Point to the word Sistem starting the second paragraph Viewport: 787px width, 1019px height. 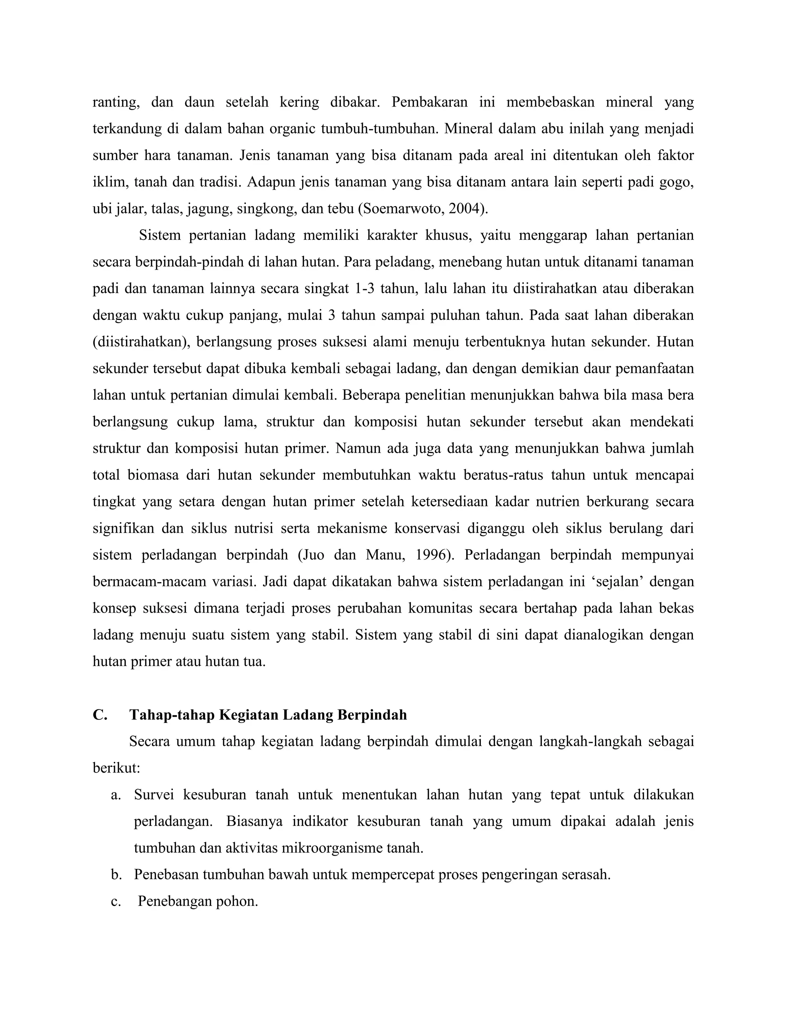point(159,235)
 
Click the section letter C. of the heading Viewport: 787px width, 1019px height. point(100,715)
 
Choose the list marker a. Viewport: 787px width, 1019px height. point(116,795)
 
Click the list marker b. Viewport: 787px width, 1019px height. point(116,875)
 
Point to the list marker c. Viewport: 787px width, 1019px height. point(116,901)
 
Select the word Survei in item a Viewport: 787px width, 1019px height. point(154,795)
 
